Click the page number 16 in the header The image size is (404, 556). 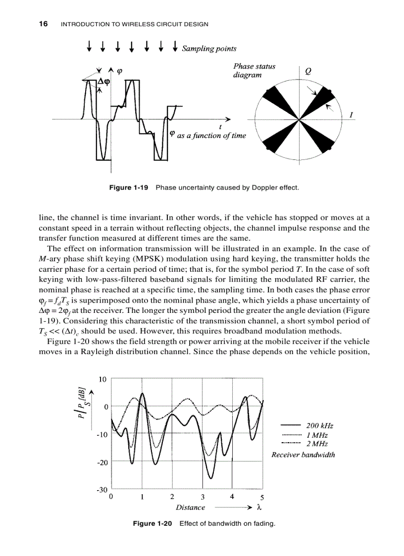(43, 24)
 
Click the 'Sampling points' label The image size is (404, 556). (209, 49)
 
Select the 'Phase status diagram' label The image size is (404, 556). (254, 70)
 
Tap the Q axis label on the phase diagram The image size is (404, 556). (308, 71)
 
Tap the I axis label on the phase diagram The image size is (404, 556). (351, 115)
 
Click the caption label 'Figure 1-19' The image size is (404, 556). (129, 188)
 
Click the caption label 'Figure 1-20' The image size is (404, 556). (152, 523)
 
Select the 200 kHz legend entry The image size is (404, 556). (319, 425)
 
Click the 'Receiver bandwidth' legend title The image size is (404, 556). (303, 455)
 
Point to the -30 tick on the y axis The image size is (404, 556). (101, 489)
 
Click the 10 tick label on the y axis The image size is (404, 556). (102, 380)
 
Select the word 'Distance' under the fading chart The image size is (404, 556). (190, 507)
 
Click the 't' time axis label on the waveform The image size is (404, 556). (219, 127)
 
